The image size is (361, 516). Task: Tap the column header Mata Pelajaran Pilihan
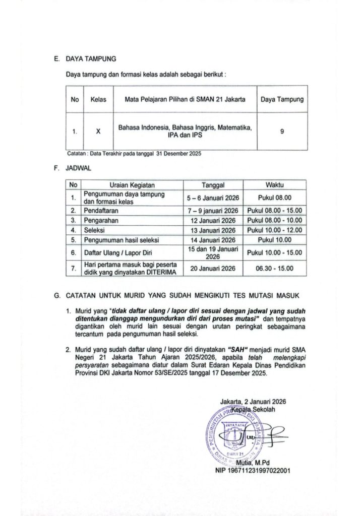pyautogui.click(x=185, y=100)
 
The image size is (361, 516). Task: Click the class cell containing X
pyautogui.click(x=99, y=131)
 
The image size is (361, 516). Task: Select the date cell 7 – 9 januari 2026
pyautogui.click(x=213, y=210)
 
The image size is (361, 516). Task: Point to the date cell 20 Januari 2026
pyautogui.click(x=213, y=269)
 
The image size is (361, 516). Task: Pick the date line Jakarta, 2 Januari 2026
pyautogui.click(x=253, y=402)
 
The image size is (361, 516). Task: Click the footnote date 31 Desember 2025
pyautogui.click(x=179, y=153)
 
